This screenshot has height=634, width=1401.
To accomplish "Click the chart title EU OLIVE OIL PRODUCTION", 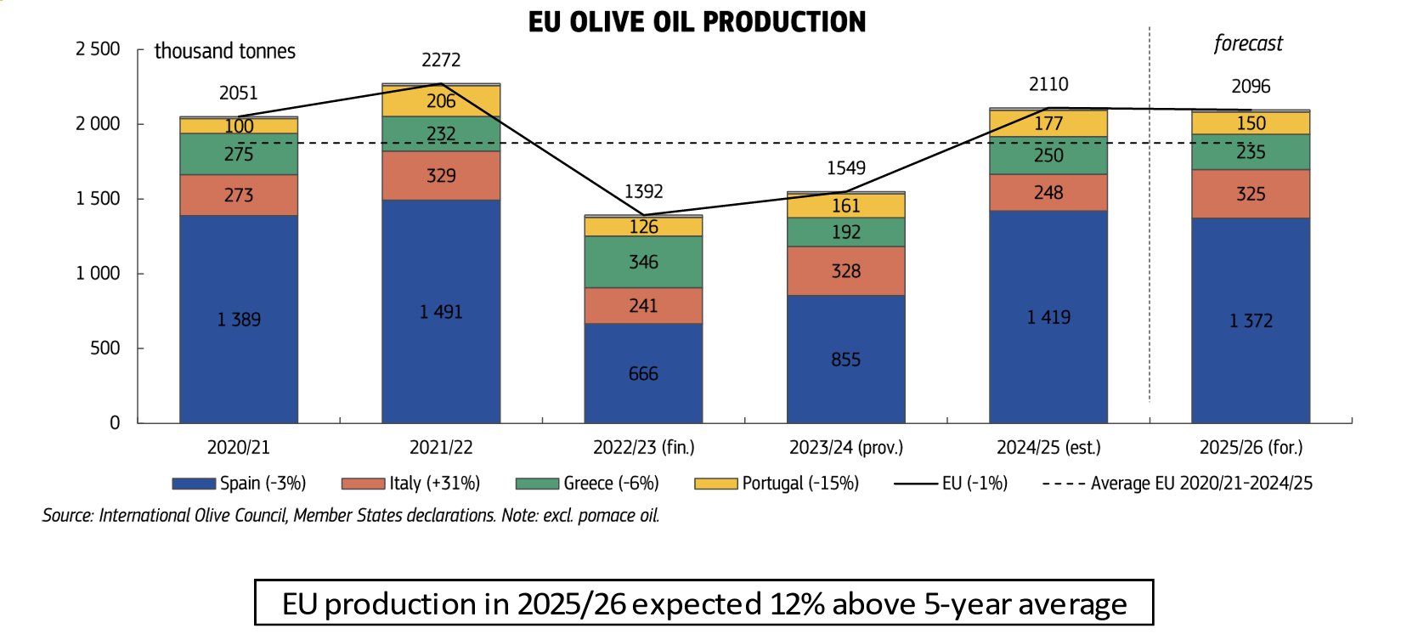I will click(x=697, y=22).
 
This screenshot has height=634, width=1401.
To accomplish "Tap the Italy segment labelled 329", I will click(x=441, y=176).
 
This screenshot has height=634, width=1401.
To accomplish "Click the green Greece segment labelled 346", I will click(x=643, y=262).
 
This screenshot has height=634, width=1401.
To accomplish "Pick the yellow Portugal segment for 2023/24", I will click(x=845, y=206).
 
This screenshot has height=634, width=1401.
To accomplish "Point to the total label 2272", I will click(x=441, y=60).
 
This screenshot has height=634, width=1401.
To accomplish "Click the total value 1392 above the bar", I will click(x=643, y=192).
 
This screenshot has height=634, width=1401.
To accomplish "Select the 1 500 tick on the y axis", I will click(x=98, y=199).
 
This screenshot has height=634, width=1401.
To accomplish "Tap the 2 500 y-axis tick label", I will click(x=98, y=49).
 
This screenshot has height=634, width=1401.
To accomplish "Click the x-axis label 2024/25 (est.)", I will click(x=1048, y=447).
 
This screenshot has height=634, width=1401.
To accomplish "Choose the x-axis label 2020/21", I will click(x=239, y=447).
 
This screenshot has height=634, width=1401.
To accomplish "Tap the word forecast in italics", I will click(x=1248, y=43).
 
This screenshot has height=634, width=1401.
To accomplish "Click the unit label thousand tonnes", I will click(x=225, y=51).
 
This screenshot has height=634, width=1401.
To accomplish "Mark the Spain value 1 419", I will click(x=1048, y=318).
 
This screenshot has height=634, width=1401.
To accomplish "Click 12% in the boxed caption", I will click(x=798, y=604).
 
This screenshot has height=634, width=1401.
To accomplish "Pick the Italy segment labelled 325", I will click(x=1251, y=195).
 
